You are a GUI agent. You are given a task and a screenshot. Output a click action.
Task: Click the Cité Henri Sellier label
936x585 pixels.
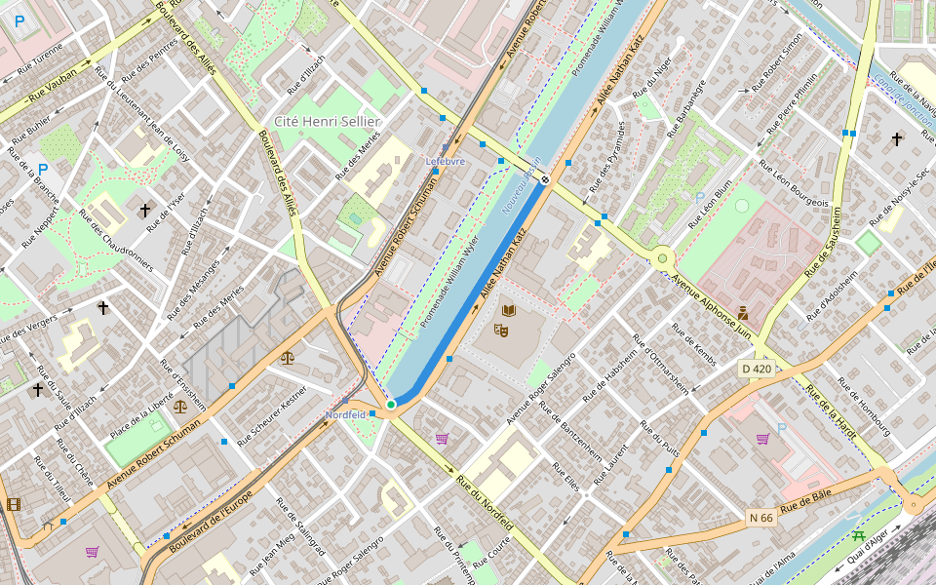click(x=327, y=121)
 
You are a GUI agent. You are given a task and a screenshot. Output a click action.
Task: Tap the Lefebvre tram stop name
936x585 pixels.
click(x=446, y=161)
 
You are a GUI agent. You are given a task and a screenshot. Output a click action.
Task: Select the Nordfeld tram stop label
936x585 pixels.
click(x=345, y=414)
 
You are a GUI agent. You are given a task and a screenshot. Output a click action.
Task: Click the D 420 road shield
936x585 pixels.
click(x=756, y=369)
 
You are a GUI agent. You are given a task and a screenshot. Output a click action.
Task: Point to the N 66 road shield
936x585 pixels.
click(x=760, y=518)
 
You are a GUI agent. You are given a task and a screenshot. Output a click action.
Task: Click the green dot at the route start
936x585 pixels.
click(x=390, y=404)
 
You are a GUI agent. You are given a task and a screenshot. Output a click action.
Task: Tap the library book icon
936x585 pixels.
click(x=508, y=311)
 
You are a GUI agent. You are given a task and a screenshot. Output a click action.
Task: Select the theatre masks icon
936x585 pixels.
click(x=501, y=330)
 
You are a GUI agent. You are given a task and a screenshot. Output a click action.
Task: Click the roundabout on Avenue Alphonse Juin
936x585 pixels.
click(x=664, y=258)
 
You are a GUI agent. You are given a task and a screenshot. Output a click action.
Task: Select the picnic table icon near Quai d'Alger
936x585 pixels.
click(x=858, y=535)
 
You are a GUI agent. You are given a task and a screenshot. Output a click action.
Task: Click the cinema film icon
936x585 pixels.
click(x=13, y=504)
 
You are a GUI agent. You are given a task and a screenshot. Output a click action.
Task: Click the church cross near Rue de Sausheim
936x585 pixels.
click(x=897, y=139)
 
